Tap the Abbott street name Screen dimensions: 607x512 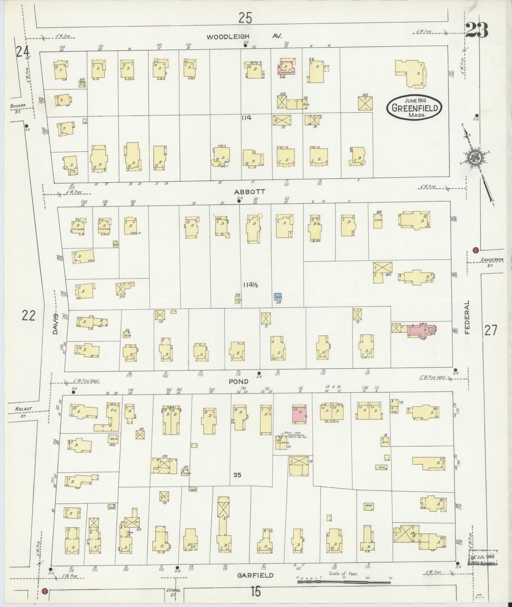[249, 192]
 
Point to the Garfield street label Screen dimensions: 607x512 [256, 575]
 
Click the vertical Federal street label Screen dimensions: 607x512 [467, 317]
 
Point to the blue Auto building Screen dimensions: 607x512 [278, 297]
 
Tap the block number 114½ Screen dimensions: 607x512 [251, 285]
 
